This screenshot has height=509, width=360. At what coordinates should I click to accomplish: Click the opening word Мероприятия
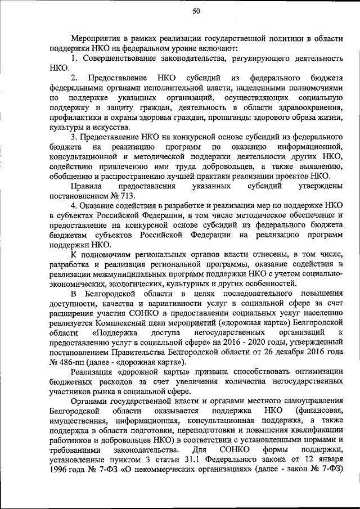point(95,38)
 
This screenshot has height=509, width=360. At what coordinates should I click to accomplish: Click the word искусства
point(98,128)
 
